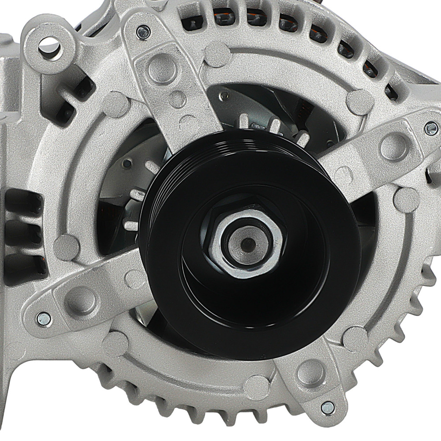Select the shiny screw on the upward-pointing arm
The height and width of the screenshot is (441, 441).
point(143,31)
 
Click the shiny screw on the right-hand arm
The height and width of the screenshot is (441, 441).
point(431,128)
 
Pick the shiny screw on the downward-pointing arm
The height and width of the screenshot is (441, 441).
point(327,407)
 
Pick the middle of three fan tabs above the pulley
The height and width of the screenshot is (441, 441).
point(274,125)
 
